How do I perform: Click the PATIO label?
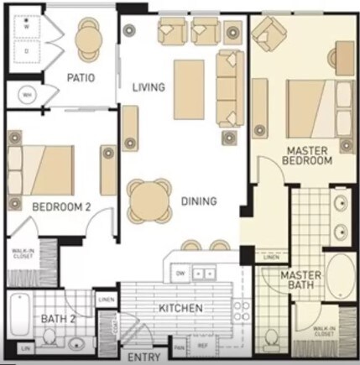pyautogui.click(x=81, y=78)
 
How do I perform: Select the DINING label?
pyautogui.click(x=199, y=201)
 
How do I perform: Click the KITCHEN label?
pyautogui.click(x=180, y=309)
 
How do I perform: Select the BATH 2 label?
pyautogui.click(x=58, y=318)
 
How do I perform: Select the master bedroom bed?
pyautogui.click(x=311, y=105)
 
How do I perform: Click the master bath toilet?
pyautogui.click(x=272, y=339)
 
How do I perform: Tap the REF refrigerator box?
pyautogui.click(x=202, y=345)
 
